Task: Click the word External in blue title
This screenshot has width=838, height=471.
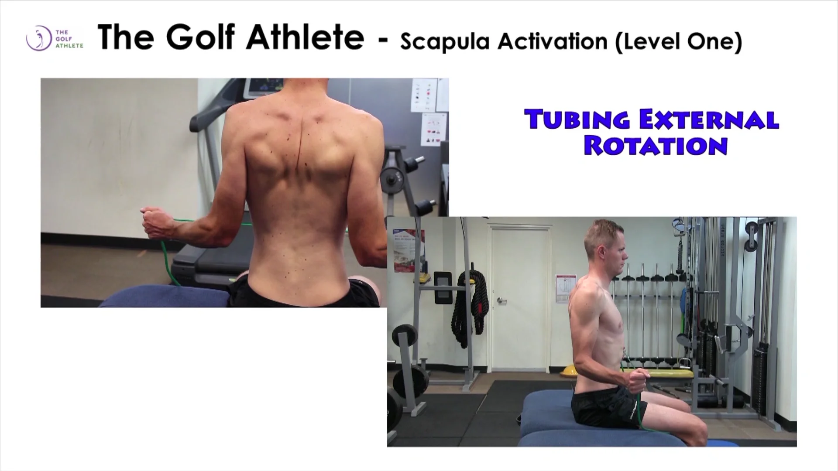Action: tap(709, 120)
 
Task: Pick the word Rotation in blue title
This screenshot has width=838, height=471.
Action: tap(656, 146)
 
